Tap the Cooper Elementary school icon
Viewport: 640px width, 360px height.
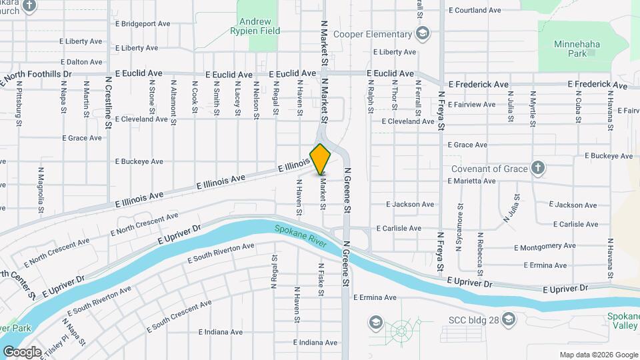[422, 34]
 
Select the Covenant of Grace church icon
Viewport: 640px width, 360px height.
[538, 168]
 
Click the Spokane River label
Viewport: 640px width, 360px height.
[300, 237]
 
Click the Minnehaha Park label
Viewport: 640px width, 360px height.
[575, 48]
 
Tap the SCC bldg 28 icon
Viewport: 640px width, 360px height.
[509, 319]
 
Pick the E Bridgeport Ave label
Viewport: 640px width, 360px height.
[143, 24]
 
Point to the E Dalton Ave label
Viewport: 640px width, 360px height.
[81, 62]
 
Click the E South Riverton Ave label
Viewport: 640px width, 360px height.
[221, 253]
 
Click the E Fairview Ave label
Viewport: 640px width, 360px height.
[472, 105]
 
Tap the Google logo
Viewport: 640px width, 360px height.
[22, 351]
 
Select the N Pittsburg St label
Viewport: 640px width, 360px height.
[20, 104]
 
